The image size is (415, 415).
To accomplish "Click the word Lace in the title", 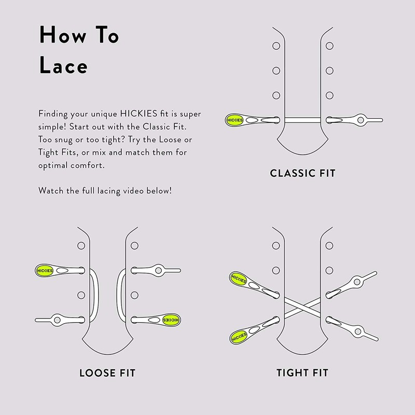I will pyautogui.click(x=63, y=66).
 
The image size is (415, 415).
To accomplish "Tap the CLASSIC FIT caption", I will pyautogui.click(x=302, y=173).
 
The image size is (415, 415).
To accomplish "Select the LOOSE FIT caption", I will pyautogui.click(x=110, y=372).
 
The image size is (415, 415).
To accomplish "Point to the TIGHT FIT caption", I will pyautogui.click(x=302, y=372).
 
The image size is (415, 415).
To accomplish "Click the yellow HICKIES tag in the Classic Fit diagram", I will pyautogui.click(x=234, y=120).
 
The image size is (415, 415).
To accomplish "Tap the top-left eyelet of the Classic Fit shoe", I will pyautogui.click(x=276, y=46).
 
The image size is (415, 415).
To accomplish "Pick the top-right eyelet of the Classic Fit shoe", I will pyautogui.click(x=329, y=46).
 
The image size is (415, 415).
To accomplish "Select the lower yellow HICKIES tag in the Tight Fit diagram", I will pyautogui.click(x=239, y=336).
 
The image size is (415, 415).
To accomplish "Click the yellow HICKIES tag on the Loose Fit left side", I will pyautogui.click(x=43, y=270).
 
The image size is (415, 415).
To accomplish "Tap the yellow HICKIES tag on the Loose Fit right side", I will pyautogui.click(x=171, y=320).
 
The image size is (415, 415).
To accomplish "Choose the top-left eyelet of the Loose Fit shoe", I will pyautogui.click(x=81, y=245).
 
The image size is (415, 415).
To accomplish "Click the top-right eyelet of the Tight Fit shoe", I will pyautogui.click(x=329, y=246).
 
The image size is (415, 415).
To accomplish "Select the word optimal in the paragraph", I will pyautogui.click(x=53, y=165).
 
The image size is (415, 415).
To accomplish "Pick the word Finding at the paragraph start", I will pyautogui.click(x=53, y=114).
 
